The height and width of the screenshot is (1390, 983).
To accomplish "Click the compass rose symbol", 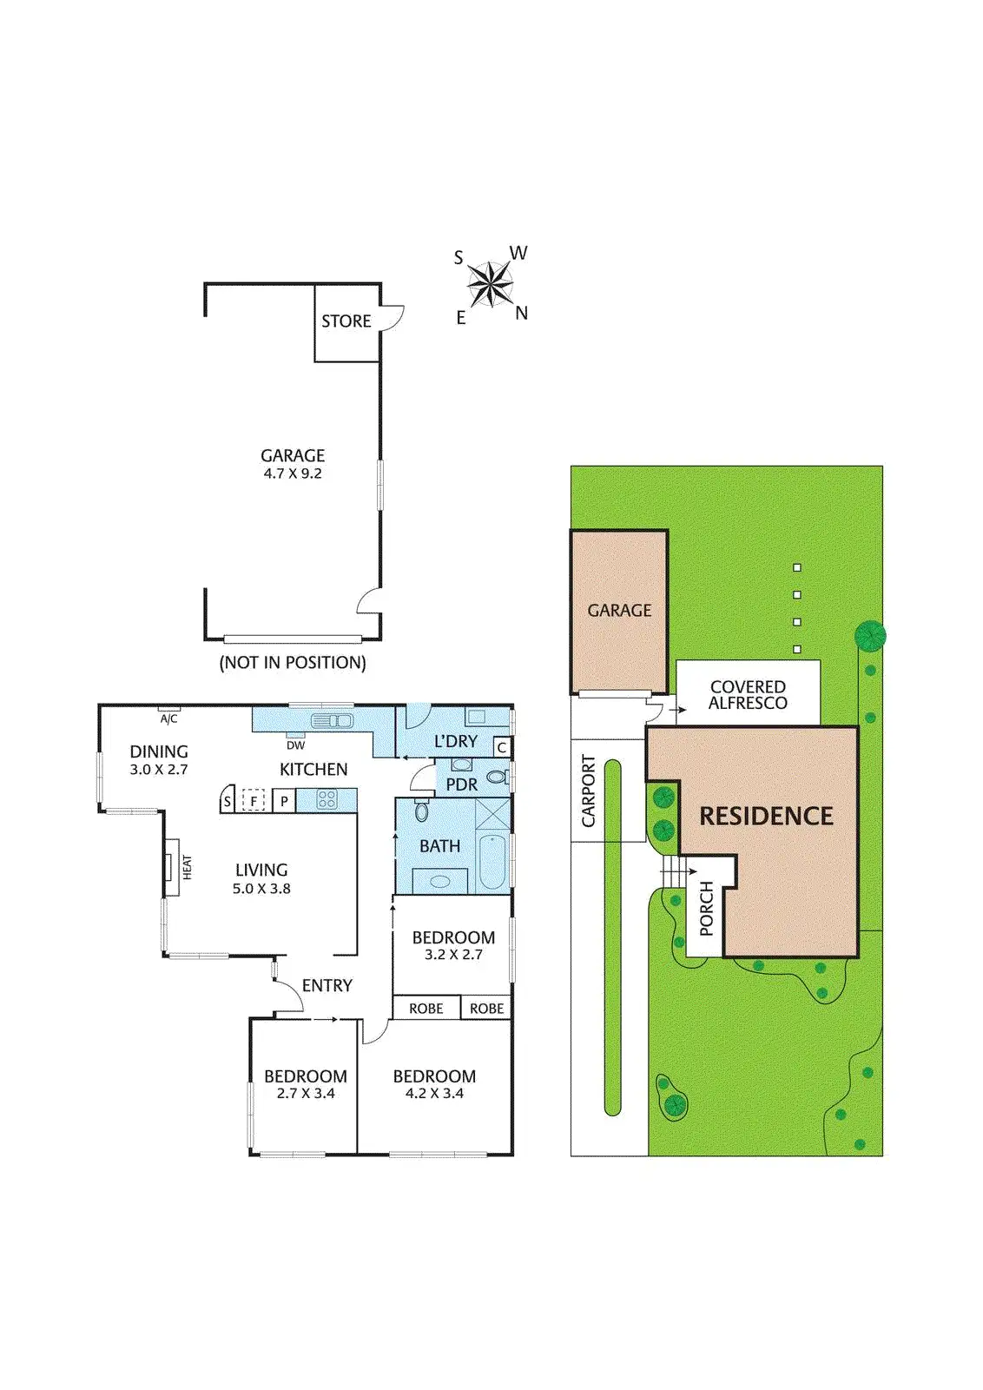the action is coord(490,284).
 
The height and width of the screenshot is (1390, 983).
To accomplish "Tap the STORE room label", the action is coord(346,321).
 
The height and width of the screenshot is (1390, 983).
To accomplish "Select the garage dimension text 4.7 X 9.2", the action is coord(293,473).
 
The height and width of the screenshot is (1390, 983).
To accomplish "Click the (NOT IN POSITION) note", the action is coord(293,663).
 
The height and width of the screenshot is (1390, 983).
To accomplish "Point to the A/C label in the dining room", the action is coord(168,718).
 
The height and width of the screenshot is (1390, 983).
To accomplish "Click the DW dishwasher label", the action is coord(295,745).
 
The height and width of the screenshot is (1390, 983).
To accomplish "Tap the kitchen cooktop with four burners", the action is coord(327,799).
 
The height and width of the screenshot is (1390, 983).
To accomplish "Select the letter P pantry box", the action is coord(284,801).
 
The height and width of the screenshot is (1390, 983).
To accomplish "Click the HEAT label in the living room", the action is coord(187,867).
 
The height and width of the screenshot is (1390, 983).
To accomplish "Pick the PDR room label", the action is coord(461,784).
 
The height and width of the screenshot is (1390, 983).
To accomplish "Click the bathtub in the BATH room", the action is coord(492,862).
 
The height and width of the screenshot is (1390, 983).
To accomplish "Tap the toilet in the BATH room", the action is coord(422,811).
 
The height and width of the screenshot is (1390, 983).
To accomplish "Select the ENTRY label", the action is coord(327,986).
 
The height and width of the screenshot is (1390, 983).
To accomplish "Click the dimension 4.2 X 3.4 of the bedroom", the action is coord(434,1094).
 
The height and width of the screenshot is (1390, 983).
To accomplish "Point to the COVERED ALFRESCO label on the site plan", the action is coord(748,695).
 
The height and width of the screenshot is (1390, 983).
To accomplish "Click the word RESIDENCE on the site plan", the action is coord(766,817).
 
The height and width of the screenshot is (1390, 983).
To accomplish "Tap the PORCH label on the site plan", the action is coord(706,909).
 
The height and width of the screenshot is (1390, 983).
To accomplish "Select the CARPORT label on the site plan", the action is coord(589,791).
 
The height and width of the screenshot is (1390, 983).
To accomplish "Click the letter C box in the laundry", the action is coord(501,747).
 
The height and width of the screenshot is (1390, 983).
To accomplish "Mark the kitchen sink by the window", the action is coord(332,720).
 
